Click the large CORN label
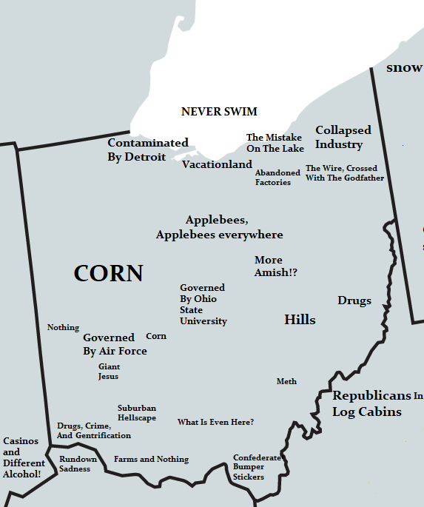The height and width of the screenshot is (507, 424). (x=108, y=273)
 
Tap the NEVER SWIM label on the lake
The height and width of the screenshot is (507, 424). (x=219, y=112)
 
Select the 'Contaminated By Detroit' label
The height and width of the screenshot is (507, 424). (x=147, y=150)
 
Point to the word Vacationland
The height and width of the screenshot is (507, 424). (x=217, y=164)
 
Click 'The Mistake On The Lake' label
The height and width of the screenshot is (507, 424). (x=275, y=143)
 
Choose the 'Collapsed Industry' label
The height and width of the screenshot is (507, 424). (x=343, y=137)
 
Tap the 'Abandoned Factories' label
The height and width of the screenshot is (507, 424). (x=277, y=178)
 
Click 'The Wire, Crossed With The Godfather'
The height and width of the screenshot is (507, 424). (x=345, y=173)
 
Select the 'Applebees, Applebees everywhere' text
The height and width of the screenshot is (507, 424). (x=219, y=227)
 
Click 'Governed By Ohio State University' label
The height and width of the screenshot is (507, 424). (x=203, y=304)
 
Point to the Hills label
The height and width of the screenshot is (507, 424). (x=300, y=320)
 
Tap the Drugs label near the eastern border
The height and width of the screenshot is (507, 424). (x=354, y=300)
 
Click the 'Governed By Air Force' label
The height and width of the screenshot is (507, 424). (x=115, y=344)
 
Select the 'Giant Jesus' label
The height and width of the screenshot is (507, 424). (x=108, y=372)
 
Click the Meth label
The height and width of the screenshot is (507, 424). (x=286, y=381)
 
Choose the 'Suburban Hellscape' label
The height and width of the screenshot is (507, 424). (x=137, y=413)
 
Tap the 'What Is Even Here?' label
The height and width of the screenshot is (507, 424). (x=215, y=422)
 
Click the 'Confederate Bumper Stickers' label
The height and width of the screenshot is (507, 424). (x=256, y=467)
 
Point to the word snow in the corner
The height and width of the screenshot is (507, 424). (x=404, y=68)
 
